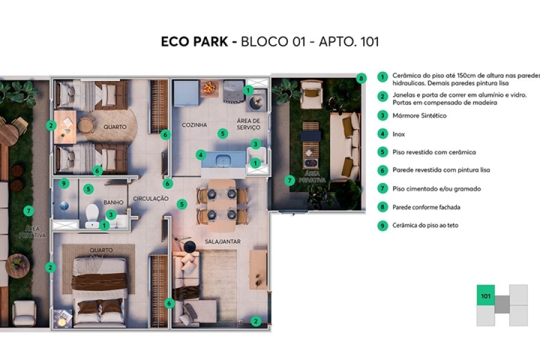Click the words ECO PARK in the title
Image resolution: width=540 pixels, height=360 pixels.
[195, 42]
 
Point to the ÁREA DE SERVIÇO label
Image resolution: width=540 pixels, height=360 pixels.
[248, 124]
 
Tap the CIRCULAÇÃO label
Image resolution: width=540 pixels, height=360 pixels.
[151, 199]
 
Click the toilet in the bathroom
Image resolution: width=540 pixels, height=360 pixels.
[92, 214]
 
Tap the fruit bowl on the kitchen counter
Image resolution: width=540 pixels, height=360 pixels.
[208, 88]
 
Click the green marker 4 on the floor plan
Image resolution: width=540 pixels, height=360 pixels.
[200, 155]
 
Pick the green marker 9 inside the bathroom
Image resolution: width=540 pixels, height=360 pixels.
[65, 184]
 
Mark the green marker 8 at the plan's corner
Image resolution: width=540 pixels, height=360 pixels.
[361, 78]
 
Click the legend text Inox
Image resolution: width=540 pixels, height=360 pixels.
[400, 134]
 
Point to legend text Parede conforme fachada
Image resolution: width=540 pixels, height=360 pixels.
[427, 207]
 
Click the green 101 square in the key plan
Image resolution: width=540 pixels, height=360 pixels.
[485, 295]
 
